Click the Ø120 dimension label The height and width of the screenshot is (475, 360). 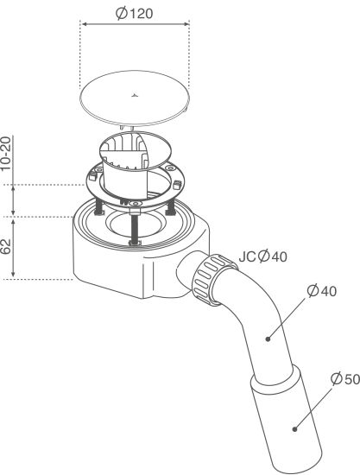tap(135, 13)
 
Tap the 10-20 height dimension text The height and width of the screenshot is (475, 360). tap(6, 154)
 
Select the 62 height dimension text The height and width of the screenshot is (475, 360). tap(6, 247)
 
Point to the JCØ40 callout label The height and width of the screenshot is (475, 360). tap(262, 256)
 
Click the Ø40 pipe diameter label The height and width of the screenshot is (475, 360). tap(321, 291)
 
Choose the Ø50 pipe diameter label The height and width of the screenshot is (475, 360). tap(345, 378)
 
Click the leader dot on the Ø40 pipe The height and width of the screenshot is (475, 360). tap(268, 339)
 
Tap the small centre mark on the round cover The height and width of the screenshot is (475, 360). tap(134, 96)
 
